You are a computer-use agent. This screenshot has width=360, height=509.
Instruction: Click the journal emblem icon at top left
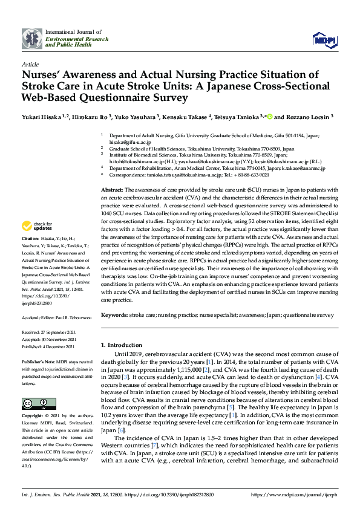(31, 38)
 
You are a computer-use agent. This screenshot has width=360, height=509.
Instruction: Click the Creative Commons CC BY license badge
(34, 403)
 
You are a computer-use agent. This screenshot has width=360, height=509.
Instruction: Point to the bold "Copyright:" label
(33, 417)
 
